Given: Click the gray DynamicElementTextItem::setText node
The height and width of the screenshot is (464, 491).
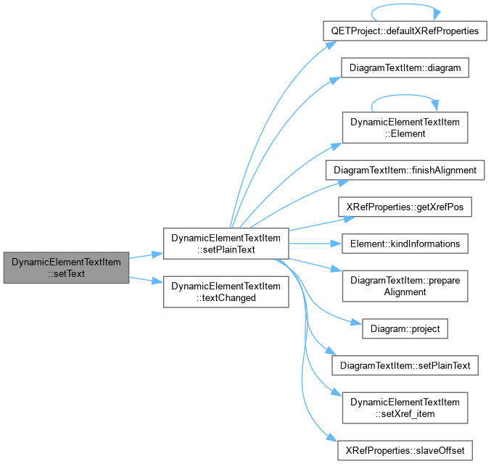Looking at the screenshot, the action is click(66, 268).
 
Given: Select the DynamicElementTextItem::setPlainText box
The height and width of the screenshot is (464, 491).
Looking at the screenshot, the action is click(226, 244).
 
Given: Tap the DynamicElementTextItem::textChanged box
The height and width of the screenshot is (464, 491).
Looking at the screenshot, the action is click(226, 291).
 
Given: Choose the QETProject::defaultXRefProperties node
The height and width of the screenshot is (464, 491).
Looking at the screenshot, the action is click(405, 30).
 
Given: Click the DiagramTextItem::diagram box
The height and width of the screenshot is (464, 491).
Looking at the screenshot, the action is click(405, 67).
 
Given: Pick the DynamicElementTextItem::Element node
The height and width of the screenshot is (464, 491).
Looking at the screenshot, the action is click(405, 128).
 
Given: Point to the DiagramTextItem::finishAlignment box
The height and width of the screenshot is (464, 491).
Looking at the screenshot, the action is click(405, 170).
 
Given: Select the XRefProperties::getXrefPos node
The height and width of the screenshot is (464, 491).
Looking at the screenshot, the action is click(405, 207).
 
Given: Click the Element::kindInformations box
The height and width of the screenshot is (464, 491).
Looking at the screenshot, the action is click(405, 244).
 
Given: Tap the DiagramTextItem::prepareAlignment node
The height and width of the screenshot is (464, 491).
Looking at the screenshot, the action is click(405, 286).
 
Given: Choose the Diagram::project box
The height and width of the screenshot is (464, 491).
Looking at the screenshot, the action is click(405, 328).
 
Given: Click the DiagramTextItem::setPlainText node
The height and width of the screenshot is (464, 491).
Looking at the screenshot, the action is click(405, 365).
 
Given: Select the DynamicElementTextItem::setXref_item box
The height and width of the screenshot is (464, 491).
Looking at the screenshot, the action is click(405, 408).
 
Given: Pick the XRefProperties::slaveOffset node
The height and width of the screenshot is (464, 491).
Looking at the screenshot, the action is click(405, 450).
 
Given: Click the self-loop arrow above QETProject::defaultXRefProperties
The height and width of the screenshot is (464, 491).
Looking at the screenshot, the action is click(405, 4).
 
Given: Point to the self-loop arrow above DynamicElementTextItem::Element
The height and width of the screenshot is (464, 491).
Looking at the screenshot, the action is click(405, 95).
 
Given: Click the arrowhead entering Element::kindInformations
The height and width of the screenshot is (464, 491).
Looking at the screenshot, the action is click(337, 244).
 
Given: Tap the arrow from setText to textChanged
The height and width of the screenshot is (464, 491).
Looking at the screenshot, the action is click(146, 281).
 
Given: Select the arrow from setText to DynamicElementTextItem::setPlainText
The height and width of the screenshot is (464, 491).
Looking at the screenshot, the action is click(146, 255).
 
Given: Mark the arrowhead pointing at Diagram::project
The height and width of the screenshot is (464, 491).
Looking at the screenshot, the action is click(357, 323).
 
